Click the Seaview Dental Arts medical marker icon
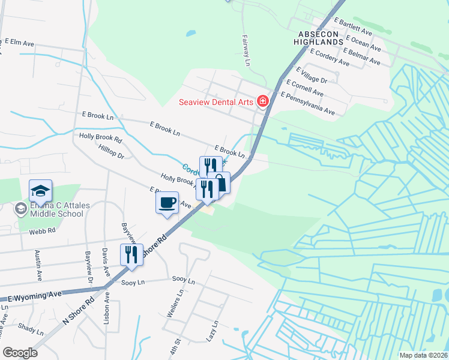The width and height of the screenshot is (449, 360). [x=262, y=101]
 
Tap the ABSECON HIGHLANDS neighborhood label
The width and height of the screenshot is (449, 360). [x=318, y=37]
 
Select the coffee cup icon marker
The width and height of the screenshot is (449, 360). [x=167, y=202]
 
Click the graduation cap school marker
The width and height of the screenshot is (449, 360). [x=40, y=191]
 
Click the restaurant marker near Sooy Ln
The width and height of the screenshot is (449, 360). [x=131, y=254]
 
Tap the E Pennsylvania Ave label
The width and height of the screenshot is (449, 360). [x=307, y=103]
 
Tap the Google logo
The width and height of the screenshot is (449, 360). [x=20, y=352]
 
